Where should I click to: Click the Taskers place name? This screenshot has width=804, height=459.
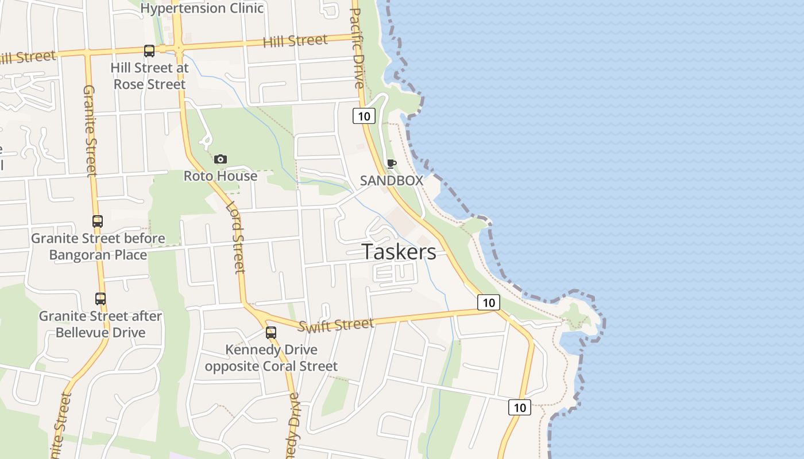(399, 252)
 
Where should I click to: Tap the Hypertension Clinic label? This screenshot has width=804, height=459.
(202, 8)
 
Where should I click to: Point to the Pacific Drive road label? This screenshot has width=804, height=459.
(357, 47)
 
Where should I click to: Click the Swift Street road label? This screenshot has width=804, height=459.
(337, 325)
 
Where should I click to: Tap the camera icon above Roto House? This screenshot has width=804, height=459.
(220, 159)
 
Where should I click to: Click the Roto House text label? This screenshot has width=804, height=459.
(220, 176)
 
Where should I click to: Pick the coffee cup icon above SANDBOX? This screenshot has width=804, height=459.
(392, 164)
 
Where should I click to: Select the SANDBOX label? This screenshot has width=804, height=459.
(391, 180)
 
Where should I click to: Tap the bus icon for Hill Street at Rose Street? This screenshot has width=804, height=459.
(149, 51)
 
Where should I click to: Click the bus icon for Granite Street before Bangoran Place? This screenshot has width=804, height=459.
(98, 221)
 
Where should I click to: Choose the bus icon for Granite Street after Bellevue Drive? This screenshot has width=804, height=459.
(100, 299)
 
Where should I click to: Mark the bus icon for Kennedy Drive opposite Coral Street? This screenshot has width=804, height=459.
(271, 332)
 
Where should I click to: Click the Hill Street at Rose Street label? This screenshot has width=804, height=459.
(149, 76)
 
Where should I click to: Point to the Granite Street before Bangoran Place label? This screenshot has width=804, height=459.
(98, 246)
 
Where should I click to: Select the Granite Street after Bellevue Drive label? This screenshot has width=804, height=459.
(100, 324)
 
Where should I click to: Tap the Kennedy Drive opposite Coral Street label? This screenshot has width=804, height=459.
(271, 357)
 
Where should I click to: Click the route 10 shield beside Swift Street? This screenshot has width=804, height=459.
(488, 302)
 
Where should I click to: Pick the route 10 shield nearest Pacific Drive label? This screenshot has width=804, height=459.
(364, 116)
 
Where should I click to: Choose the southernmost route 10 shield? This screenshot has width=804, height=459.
(519, 407)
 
